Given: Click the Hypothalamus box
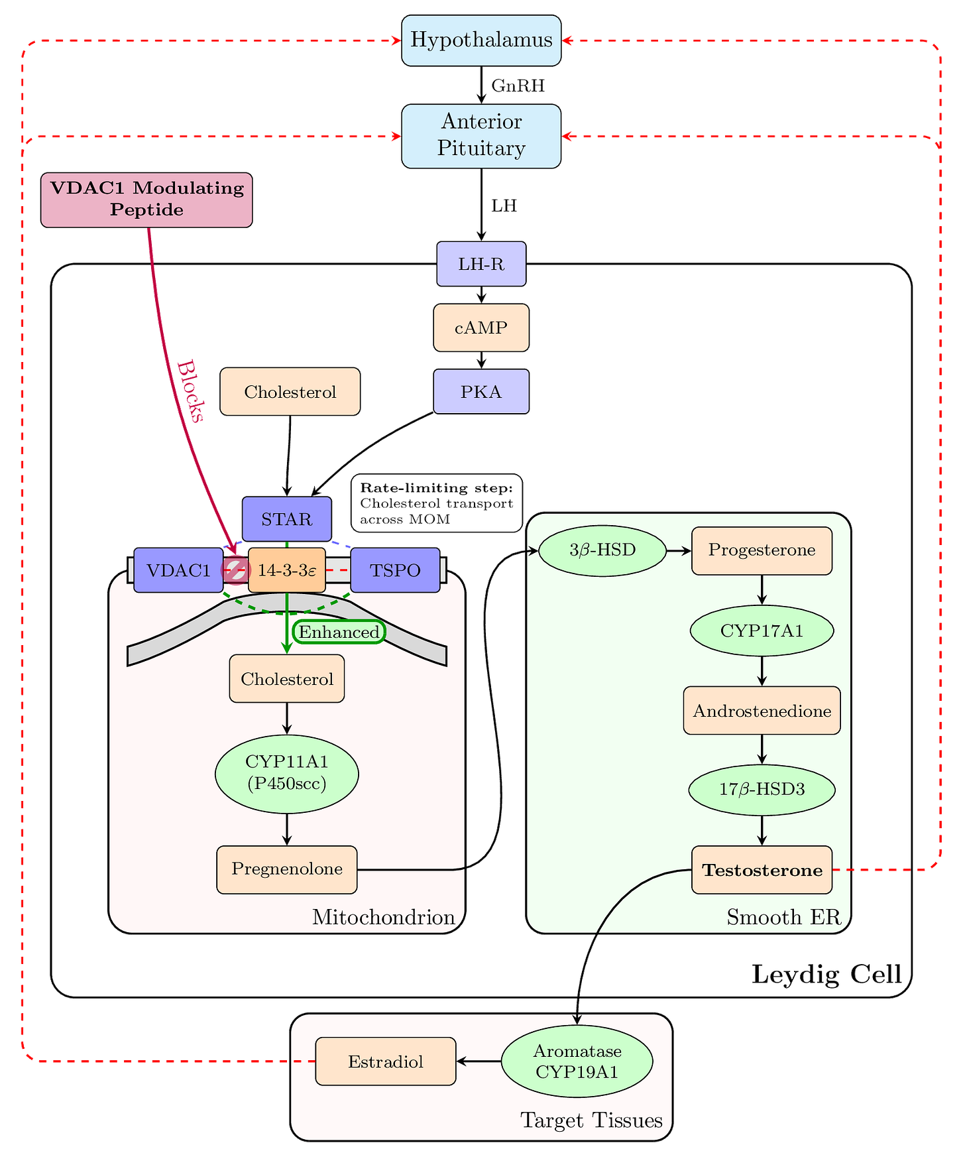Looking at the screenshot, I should pyautogui.click(x=481, y=40).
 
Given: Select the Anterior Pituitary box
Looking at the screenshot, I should pyautogui.click(x=481, y=135).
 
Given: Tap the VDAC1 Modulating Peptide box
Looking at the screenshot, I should pyautogui.click(x=146, y=199).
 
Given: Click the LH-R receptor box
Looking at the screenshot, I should pyautogui.click(x=481, y=264).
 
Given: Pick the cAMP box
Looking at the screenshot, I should pyautogui.click(x=481, y=328).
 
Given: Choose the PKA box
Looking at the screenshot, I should pyautogui.click(x=481, y=392).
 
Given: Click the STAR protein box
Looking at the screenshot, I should pyautogui.click(x=286, y=518).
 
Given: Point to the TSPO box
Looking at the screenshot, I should pyautogui.click(x=395, y=570).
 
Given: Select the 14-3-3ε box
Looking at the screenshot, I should pyautogui.click(x=287, y=570).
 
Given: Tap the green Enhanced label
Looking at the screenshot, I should pyautogui.click(x=339, y=632).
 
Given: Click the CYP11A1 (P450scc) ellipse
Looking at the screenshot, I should pyautogui.click(x=287, y=773).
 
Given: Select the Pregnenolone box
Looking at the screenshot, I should pyautogui.click(x=287, y=869).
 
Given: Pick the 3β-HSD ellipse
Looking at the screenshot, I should pyautogui.click(x=602, y=550).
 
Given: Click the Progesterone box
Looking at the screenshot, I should pyautogui.click(x=762, y=550).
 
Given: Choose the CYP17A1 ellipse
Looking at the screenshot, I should pyautogui.click(x=762, y=631).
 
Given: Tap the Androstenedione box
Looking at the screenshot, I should pyautogui.click(x=762, y=711).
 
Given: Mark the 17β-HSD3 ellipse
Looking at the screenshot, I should pyautogui.click(x=762, y=790).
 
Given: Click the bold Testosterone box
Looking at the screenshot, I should pyautogui.click(x=762, y=870).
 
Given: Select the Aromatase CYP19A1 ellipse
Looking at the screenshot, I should pyautogui.click(x=577, y=1061).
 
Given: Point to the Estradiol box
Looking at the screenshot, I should pyautogui.click(x=386, y=1062).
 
